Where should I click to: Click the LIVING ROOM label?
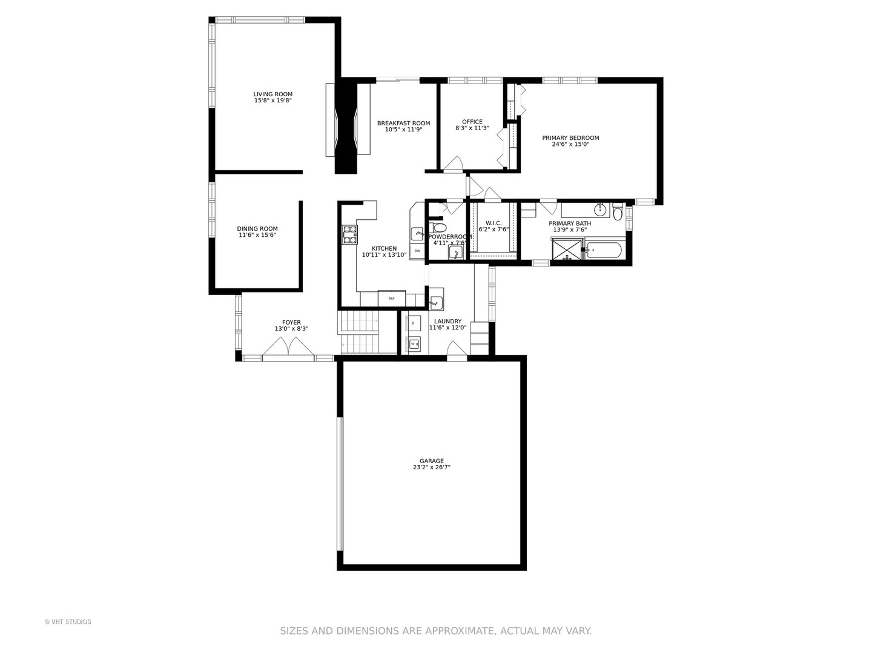click(272, 94)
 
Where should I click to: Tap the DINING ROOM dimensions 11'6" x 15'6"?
click(257, 236)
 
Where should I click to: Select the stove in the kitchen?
click(350, 234)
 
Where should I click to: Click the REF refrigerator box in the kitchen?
click(392, 298)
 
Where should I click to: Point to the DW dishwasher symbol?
click(417, 251)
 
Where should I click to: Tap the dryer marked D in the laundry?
click(414, 323)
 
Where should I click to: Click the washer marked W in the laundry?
click(414, 344)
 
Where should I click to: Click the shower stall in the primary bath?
click(566, 249)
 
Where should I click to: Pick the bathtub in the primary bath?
click(603, 250)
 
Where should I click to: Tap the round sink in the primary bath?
click(600, 210)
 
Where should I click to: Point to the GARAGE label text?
click(432, 461)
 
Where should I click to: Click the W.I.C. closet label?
click(494, 223)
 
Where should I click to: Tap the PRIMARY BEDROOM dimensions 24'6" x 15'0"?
click(570, 145)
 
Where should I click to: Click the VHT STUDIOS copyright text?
click(68, 622)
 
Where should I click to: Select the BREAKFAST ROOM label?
click(403, 123)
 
